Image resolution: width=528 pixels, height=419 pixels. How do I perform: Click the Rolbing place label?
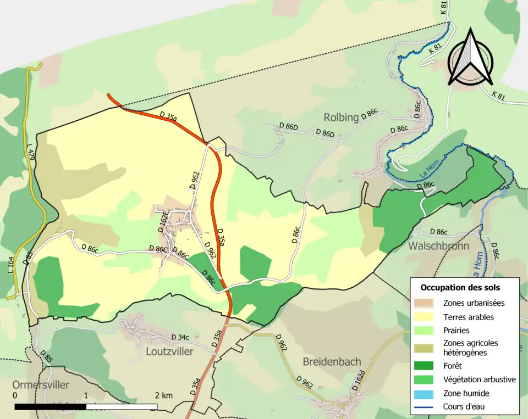(x=341, y=117)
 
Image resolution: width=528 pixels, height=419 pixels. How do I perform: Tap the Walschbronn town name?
(x=438, y=246)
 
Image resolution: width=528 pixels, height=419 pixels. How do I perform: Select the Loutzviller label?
(x=169, y=351)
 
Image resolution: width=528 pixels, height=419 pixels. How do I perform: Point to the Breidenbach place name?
(x=332, y=361)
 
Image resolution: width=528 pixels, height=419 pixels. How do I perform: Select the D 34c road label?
(x=180, y=337)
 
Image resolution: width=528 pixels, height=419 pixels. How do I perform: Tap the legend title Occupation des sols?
(x=460, y=287)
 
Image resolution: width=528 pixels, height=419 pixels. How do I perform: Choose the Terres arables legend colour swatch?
(x=426, y=317)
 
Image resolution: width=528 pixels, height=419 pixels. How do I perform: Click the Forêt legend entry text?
(x=453, y=365)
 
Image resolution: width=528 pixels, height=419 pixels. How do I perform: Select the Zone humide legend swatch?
(x=426, y=393)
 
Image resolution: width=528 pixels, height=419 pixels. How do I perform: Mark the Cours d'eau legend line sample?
(x=426, y=407)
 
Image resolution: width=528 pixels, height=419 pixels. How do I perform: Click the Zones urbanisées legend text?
(x=474, y=303)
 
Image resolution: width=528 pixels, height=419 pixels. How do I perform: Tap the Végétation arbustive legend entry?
(x=479, y=379)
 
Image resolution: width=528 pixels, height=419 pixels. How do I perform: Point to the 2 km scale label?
(x=164, y=395)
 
